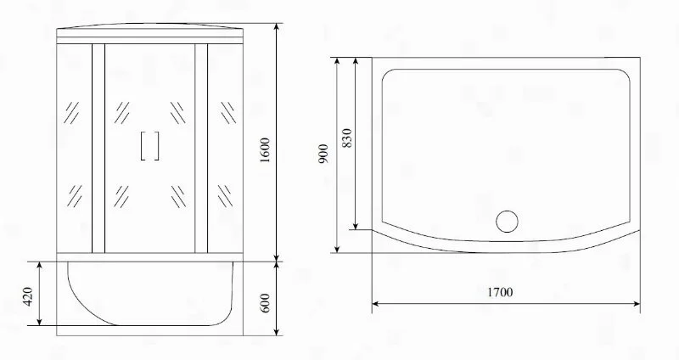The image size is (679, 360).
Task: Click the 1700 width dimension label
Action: pyautogui.click(x=501, y=293)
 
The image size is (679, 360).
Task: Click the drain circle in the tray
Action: pyautogui.click(x=507, y=221)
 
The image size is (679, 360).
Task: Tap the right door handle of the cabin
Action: pyautogui.click(x=157, y=146)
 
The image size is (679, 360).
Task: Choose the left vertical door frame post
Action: pyautogui.click(x=98, y=149)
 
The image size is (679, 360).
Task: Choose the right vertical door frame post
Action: pyautogui.click(x=201, y=149)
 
